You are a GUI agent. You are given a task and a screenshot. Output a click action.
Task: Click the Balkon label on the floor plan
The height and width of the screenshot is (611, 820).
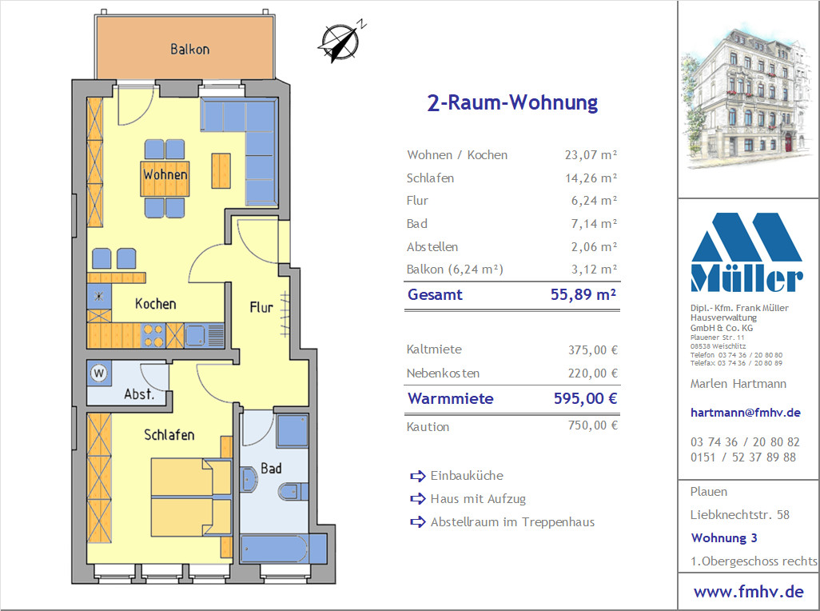190,49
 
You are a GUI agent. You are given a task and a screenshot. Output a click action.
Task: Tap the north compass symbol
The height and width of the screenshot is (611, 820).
340,41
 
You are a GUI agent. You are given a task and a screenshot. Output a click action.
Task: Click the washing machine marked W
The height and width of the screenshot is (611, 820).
99,373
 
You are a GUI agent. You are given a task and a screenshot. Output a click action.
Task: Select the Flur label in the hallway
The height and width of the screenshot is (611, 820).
261,306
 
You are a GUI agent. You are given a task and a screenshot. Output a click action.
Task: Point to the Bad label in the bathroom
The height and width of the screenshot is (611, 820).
271,468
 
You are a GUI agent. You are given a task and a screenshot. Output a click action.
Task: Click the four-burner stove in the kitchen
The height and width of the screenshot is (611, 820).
153,335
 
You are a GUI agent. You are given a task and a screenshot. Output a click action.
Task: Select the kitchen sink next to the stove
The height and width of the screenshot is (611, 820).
195,335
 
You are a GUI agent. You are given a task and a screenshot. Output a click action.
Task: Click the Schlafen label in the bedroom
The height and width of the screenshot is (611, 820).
169,435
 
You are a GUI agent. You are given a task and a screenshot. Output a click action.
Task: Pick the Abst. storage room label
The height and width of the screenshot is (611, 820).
139,394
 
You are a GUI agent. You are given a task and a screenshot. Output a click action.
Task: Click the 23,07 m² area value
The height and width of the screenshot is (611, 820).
591,155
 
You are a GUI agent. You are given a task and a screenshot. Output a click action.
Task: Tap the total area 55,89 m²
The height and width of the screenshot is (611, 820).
583,294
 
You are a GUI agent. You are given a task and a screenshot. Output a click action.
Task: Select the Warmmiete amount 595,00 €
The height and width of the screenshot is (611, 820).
586,398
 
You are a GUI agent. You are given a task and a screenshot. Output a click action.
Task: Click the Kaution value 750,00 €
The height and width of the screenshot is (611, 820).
593,425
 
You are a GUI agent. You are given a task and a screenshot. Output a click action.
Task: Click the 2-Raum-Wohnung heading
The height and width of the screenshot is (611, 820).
512,102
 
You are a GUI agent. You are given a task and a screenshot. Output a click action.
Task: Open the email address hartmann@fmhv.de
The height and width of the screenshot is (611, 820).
745,412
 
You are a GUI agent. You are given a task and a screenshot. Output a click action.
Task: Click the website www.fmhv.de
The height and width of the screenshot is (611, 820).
748,592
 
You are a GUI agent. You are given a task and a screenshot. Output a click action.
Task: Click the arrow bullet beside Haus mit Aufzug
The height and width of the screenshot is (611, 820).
418,498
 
